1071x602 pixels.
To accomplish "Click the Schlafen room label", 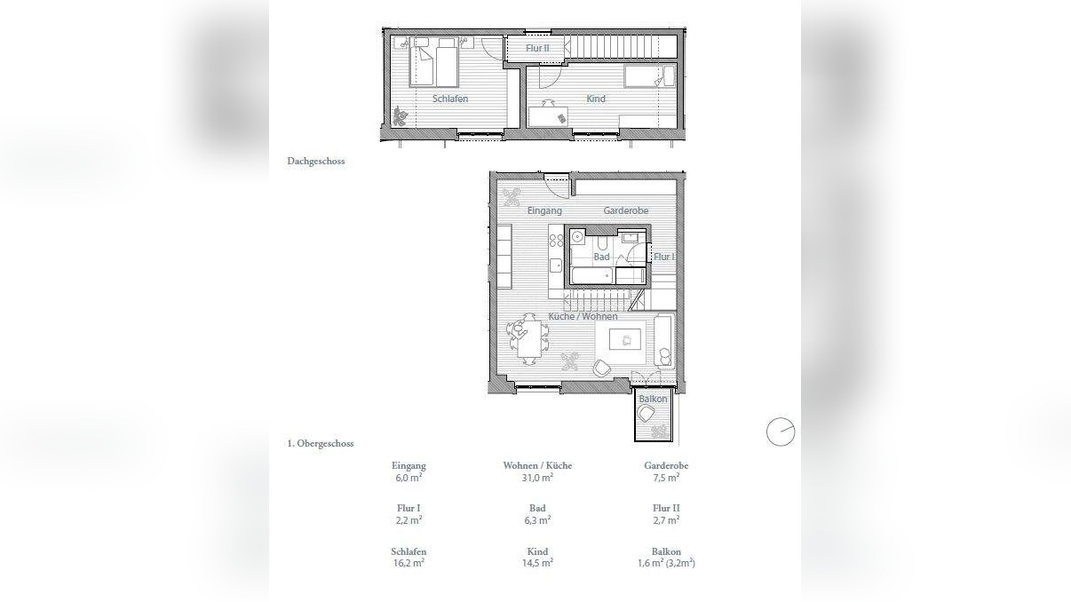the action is pyautogui.click(x=450, y=99).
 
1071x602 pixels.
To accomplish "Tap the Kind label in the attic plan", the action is pyautogui.click(x=596, y=99).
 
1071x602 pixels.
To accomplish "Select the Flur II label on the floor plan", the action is pyautogui.click(x=537, y=48).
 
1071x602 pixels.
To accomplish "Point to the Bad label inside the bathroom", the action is pyautogui.click(x=601, y=257).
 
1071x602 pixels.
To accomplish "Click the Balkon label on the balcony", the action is pyautogui.click(x=653, y=399).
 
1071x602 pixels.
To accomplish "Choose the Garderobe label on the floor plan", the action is pyautogui.click(x=626, y=210).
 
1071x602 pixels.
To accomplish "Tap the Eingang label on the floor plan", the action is pyautogui.click(x=544, y=210).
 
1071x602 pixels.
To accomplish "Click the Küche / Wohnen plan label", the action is pyautogui.click(x=583, y=317).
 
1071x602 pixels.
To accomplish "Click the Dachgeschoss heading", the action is pyautogui.click(x=315, y=161).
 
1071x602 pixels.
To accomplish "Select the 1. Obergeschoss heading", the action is pyautogui.click(x=321, y=443).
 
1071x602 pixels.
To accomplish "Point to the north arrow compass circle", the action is pyautogui.click(x=781, y=432).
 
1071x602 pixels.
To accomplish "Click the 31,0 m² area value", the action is pyautogui.click(x=537, y=477).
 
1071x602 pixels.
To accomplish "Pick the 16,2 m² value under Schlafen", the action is pyautogui.click(x=409, y=563).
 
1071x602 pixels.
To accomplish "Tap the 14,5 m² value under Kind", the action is pyautogui.click(x=537, y=563).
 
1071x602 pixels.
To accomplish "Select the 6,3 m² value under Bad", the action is pyautogui.click(x=537, y=520).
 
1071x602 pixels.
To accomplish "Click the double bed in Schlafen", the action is pyautogui.click(x=433, y=62).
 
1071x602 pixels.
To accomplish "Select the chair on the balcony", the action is pyautogui.click(x=646, y=414).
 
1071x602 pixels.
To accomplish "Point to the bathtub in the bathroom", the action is pyautogui.click(x=592, y=276).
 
